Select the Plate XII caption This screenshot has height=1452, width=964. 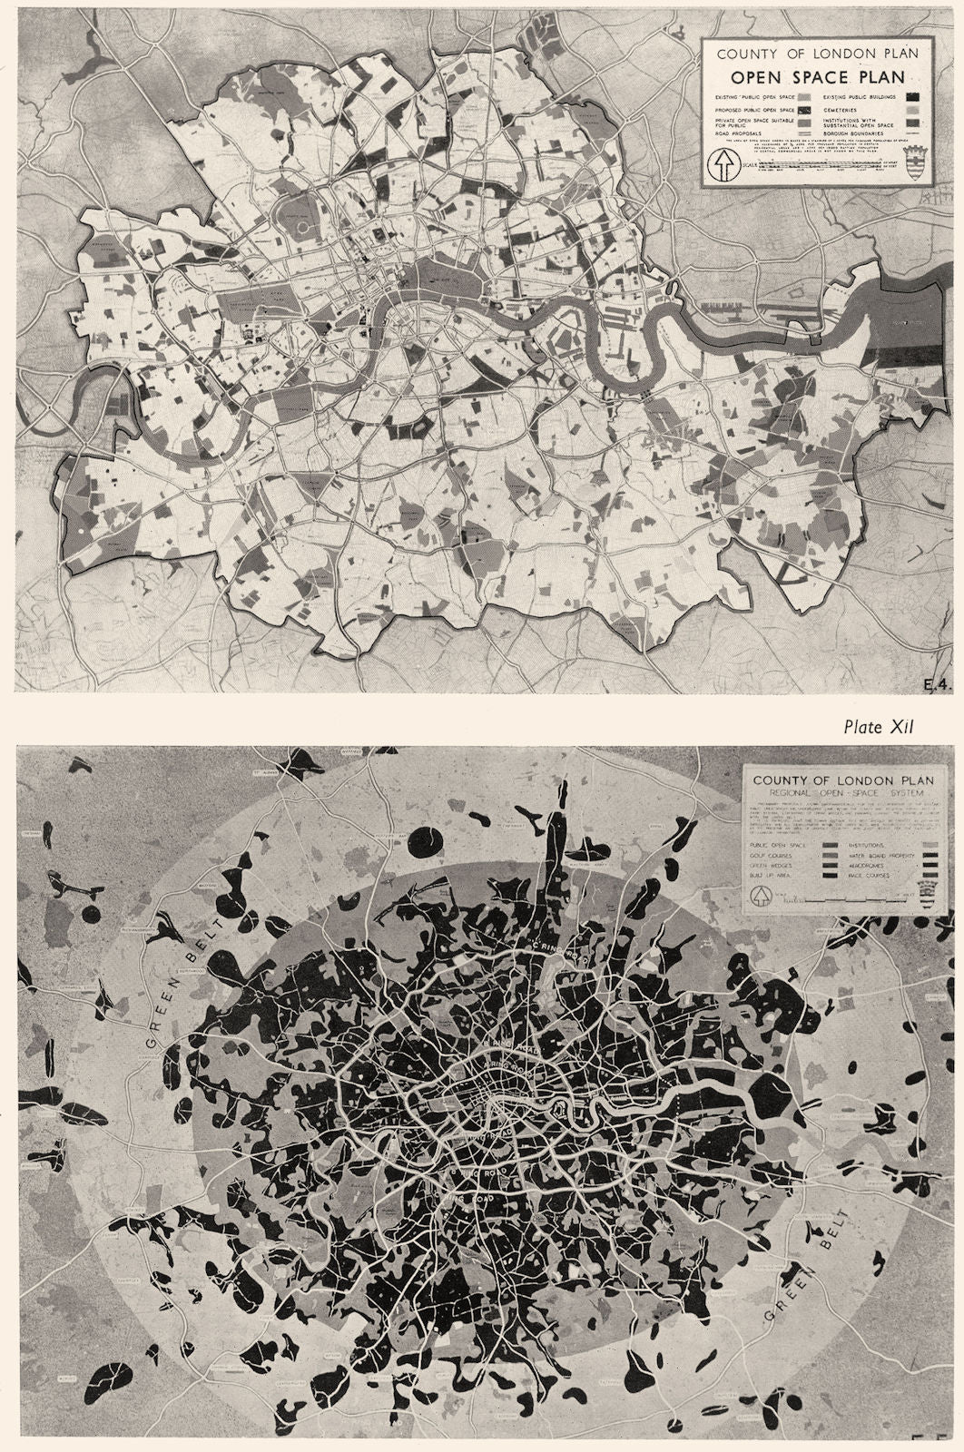872,726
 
